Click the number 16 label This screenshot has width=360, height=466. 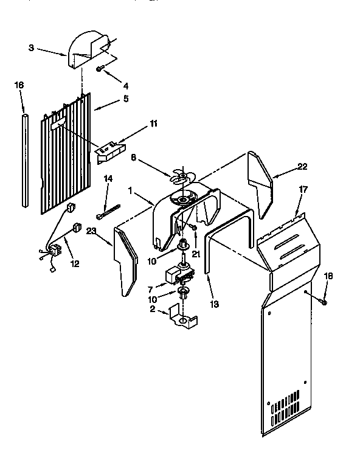tap(19, 85)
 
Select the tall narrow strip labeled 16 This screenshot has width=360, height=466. tap(24, 158)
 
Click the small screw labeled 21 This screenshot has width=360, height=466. tap(193, 227)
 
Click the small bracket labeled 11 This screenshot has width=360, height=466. tap(109, 150)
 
